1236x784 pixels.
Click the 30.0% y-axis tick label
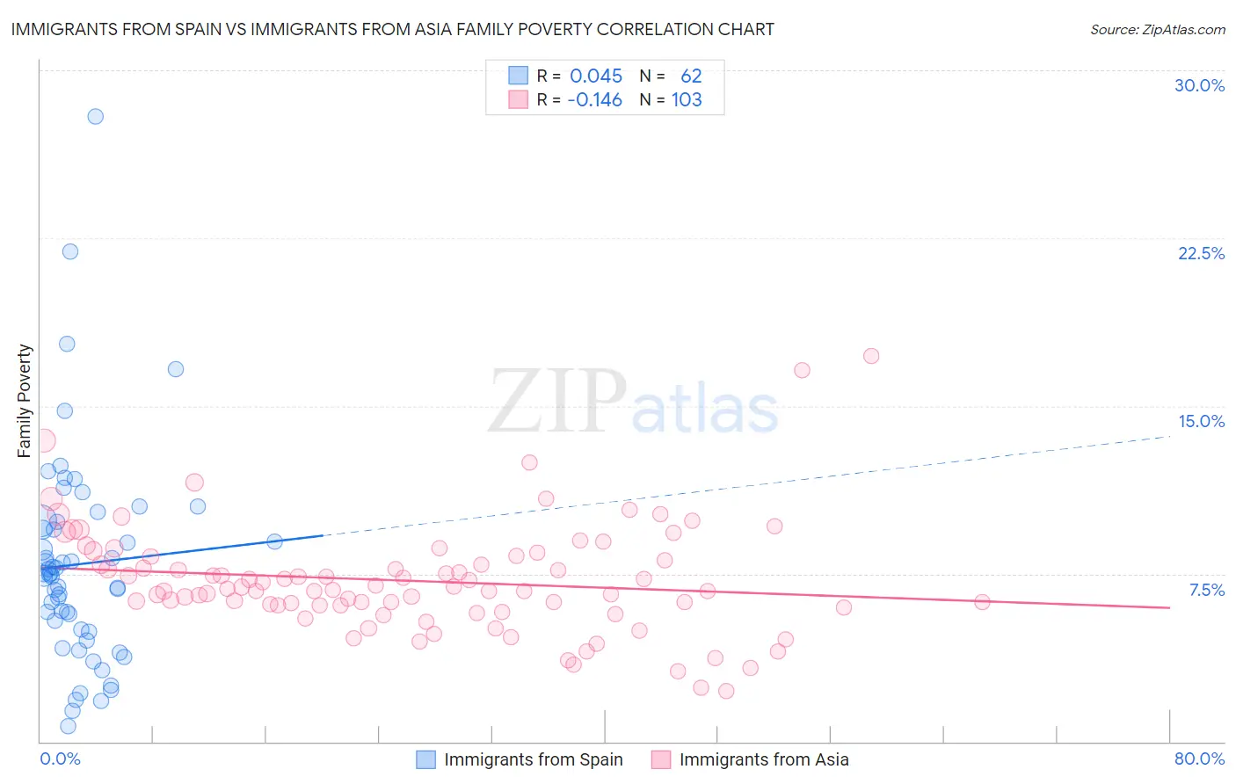1199,85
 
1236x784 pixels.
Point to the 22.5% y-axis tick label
1201,253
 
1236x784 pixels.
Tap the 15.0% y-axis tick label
1201,421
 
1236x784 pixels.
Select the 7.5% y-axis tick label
1206,590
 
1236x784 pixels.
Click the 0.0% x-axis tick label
60,759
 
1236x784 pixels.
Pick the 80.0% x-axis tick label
1199,759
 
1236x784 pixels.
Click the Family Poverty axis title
25,401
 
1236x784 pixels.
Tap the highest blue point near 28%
95,116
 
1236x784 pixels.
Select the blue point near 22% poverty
70,251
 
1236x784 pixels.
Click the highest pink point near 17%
871,356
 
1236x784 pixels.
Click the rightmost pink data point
982,602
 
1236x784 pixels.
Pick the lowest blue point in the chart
68,726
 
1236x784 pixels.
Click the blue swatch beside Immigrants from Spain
426,759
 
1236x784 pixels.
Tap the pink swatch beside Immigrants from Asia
661,759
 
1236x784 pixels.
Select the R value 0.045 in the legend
596,76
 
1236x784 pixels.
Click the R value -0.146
594,100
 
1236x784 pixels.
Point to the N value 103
687,100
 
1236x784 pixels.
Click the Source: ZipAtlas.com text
1157,30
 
